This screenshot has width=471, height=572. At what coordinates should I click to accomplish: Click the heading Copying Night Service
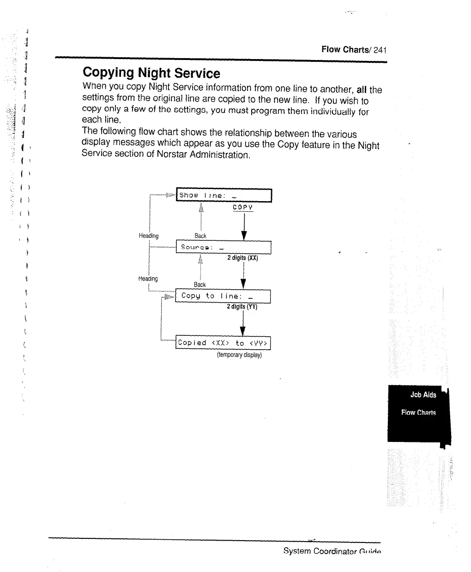(151, 73)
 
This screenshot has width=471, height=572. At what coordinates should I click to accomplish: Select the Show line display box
(224, 196)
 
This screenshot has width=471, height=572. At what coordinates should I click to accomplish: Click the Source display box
(223, 248)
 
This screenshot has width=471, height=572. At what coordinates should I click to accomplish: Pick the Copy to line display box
(223, 296)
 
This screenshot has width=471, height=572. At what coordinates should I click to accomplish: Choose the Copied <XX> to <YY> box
(223, 343)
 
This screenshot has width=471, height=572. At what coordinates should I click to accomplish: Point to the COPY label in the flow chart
(242, 208)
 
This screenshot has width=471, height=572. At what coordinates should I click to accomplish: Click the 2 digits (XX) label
(242, 258)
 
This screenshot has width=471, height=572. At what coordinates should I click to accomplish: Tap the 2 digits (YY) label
(242, 307)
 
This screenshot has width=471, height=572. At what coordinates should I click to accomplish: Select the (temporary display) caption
(239, 355)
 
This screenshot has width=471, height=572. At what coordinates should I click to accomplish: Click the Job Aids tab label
(423, 395)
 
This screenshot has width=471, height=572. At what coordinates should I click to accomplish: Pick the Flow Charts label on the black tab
(418, 413)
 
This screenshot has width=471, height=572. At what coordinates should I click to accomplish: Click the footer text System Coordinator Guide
(332, 551)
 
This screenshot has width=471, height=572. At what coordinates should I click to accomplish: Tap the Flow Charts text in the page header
(346, 50)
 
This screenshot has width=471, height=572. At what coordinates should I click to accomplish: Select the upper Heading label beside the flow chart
(149, 236)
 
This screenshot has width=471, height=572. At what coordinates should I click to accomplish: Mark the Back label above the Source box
(200, 236)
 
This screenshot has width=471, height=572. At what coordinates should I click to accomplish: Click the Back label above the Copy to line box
(200, 285)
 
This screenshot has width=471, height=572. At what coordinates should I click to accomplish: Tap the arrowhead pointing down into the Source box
(244, 235)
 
